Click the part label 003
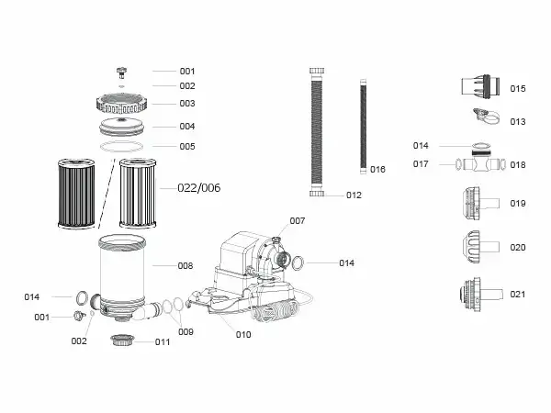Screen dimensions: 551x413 [187, 104]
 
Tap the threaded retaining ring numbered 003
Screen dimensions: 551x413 [121, 104]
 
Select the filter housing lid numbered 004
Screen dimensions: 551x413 [121, 128]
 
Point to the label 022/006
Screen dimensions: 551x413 [199, 188]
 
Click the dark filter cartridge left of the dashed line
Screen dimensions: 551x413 [76, 194]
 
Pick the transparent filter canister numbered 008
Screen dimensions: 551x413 [122, 273]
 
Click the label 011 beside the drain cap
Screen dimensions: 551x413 [163, 341]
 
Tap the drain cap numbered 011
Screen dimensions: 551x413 [122, 340]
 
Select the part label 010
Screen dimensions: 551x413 [243, 335]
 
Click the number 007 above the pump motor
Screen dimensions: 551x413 [298, 221]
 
